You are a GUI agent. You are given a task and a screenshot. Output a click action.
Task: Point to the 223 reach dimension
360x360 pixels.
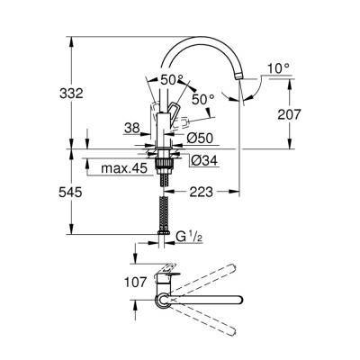click(201, 192)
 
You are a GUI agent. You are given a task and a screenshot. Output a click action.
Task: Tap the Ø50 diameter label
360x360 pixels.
click(200, 138)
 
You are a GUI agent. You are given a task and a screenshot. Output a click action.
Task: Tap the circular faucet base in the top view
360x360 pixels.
click(164, 298)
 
